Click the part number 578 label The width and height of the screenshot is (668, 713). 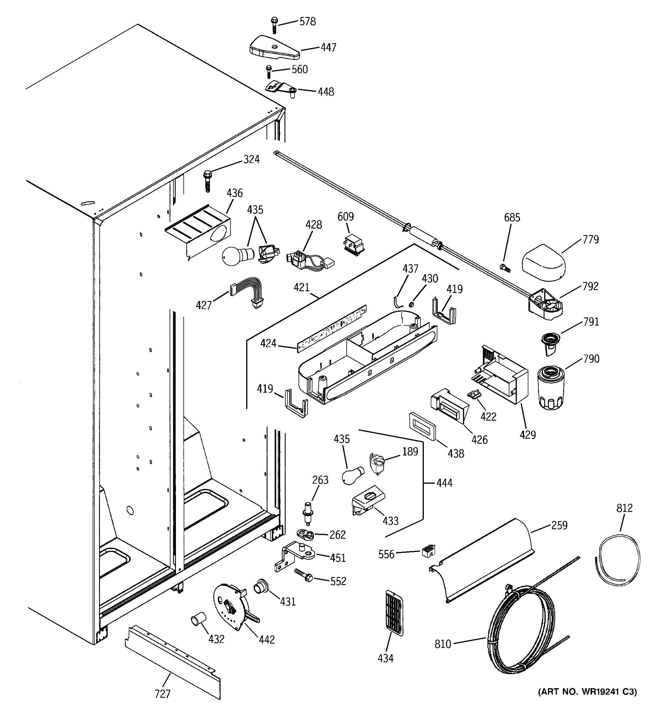click(x=307, y=22)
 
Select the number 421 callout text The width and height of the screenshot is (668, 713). click(x=301, y=287)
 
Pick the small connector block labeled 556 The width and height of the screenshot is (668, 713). click(x=428, y=551)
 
